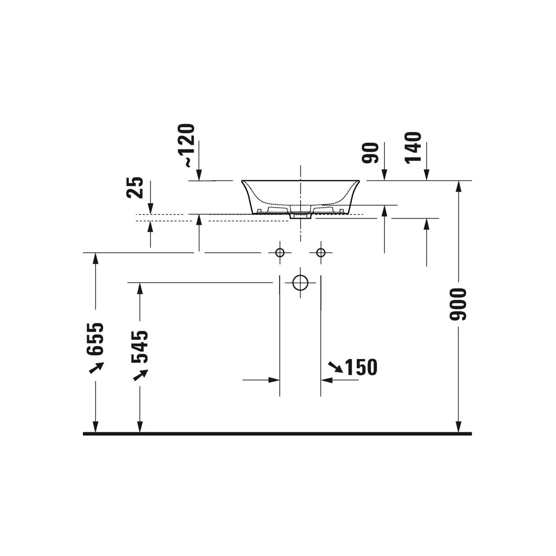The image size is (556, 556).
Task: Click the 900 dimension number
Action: point(458,304)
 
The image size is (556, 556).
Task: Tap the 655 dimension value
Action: point(95,339)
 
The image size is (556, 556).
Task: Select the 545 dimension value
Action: point(139,347)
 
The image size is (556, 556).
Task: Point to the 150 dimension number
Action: point(361,367)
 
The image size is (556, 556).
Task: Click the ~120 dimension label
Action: point(186,145)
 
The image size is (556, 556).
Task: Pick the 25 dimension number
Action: point(135,188)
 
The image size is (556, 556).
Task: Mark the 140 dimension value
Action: point(413,148)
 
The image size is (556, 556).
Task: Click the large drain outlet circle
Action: point(300,283)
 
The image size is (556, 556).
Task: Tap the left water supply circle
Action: point(279,253)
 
